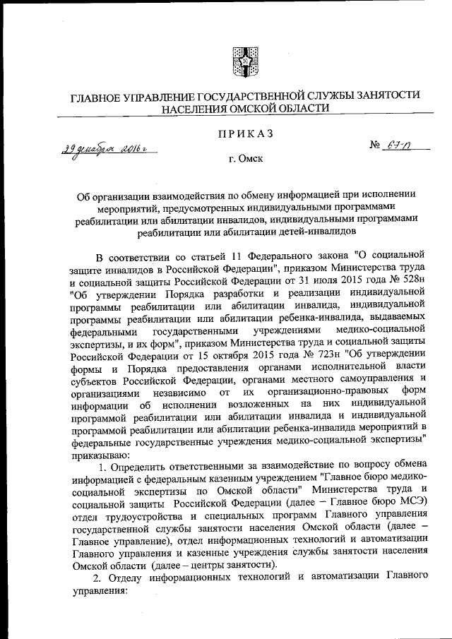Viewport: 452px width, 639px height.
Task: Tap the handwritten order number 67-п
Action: click(399, 147)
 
